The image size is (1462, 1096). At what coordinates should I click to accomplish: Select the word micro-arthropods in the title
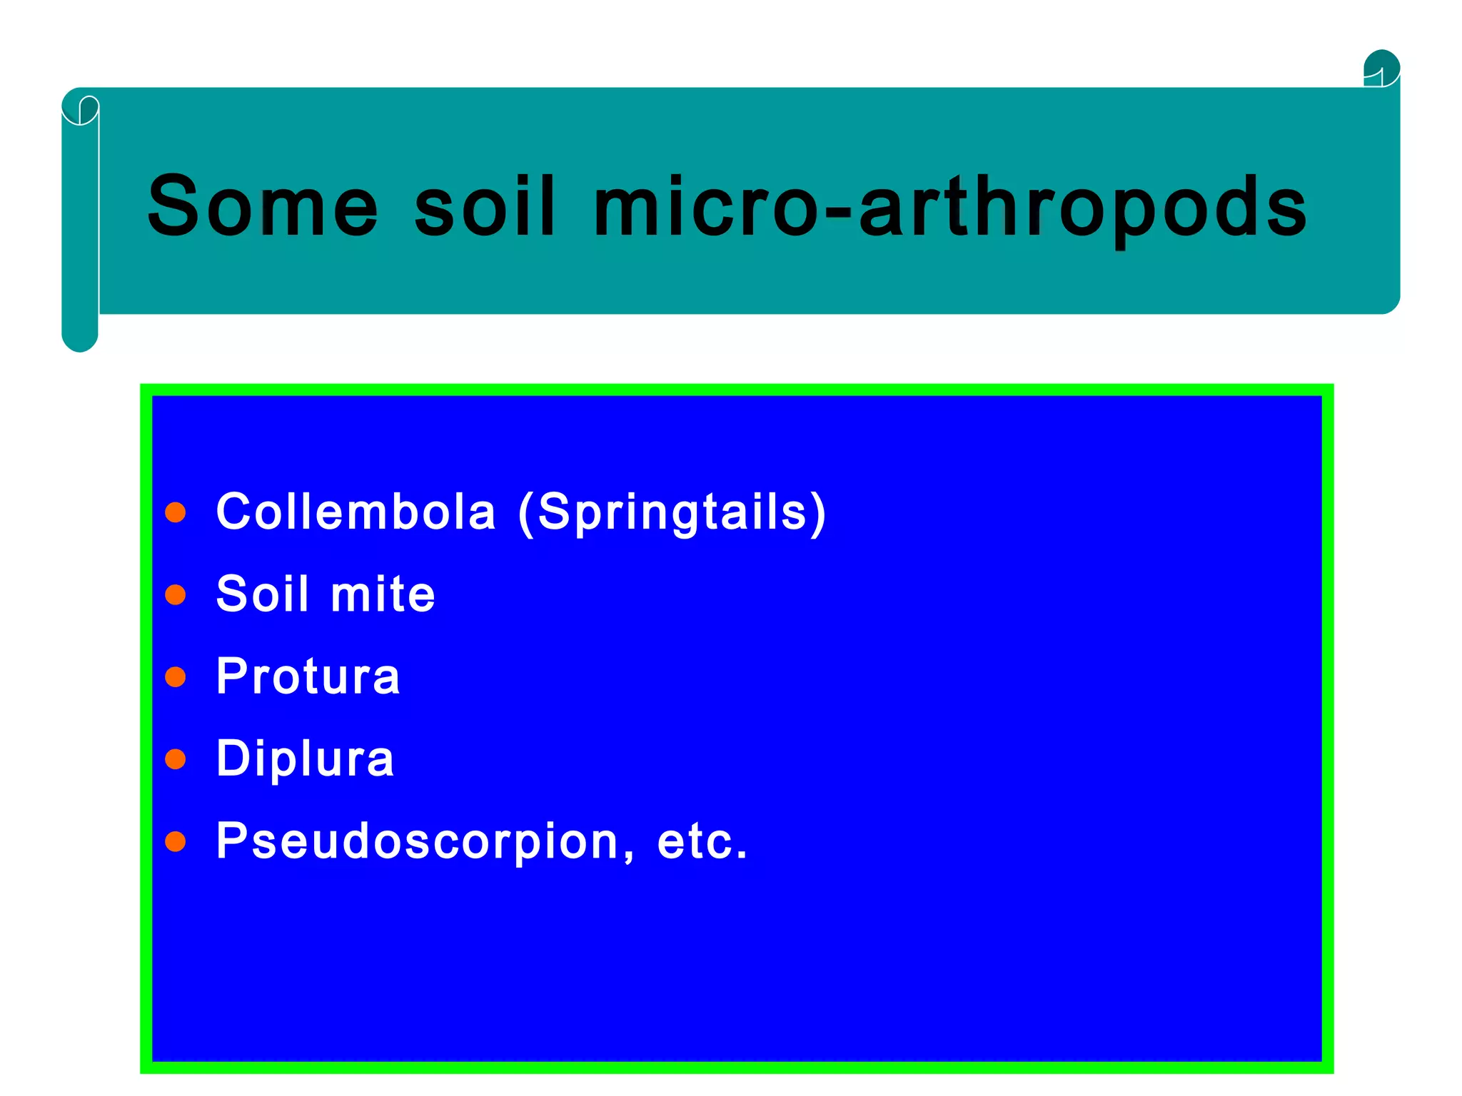[950, 208]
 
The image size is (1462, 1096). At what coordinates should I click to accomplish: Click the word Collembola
[356, 512]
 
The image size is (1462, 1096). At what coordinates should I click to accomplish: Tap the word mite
[383, 594]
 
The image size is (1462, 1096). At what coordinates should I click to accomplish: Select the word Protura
[308, 676]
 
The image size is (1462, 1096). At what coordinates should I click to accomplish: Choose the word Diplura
[305, 758]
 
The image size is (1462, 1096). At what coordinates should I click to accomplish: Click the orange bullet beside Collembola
[176, 512]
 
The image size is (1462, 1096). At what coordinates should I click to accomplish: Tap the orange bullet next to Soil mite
[176, 594]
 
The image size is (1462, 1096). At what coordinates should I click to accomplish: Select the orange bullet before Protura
[176, 676]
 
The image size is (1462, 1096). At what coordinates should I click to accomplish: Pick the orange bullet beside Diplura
[176, 758]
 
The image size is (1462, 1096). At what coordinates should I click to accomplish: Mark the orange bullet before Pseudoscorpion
[176, 842]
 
